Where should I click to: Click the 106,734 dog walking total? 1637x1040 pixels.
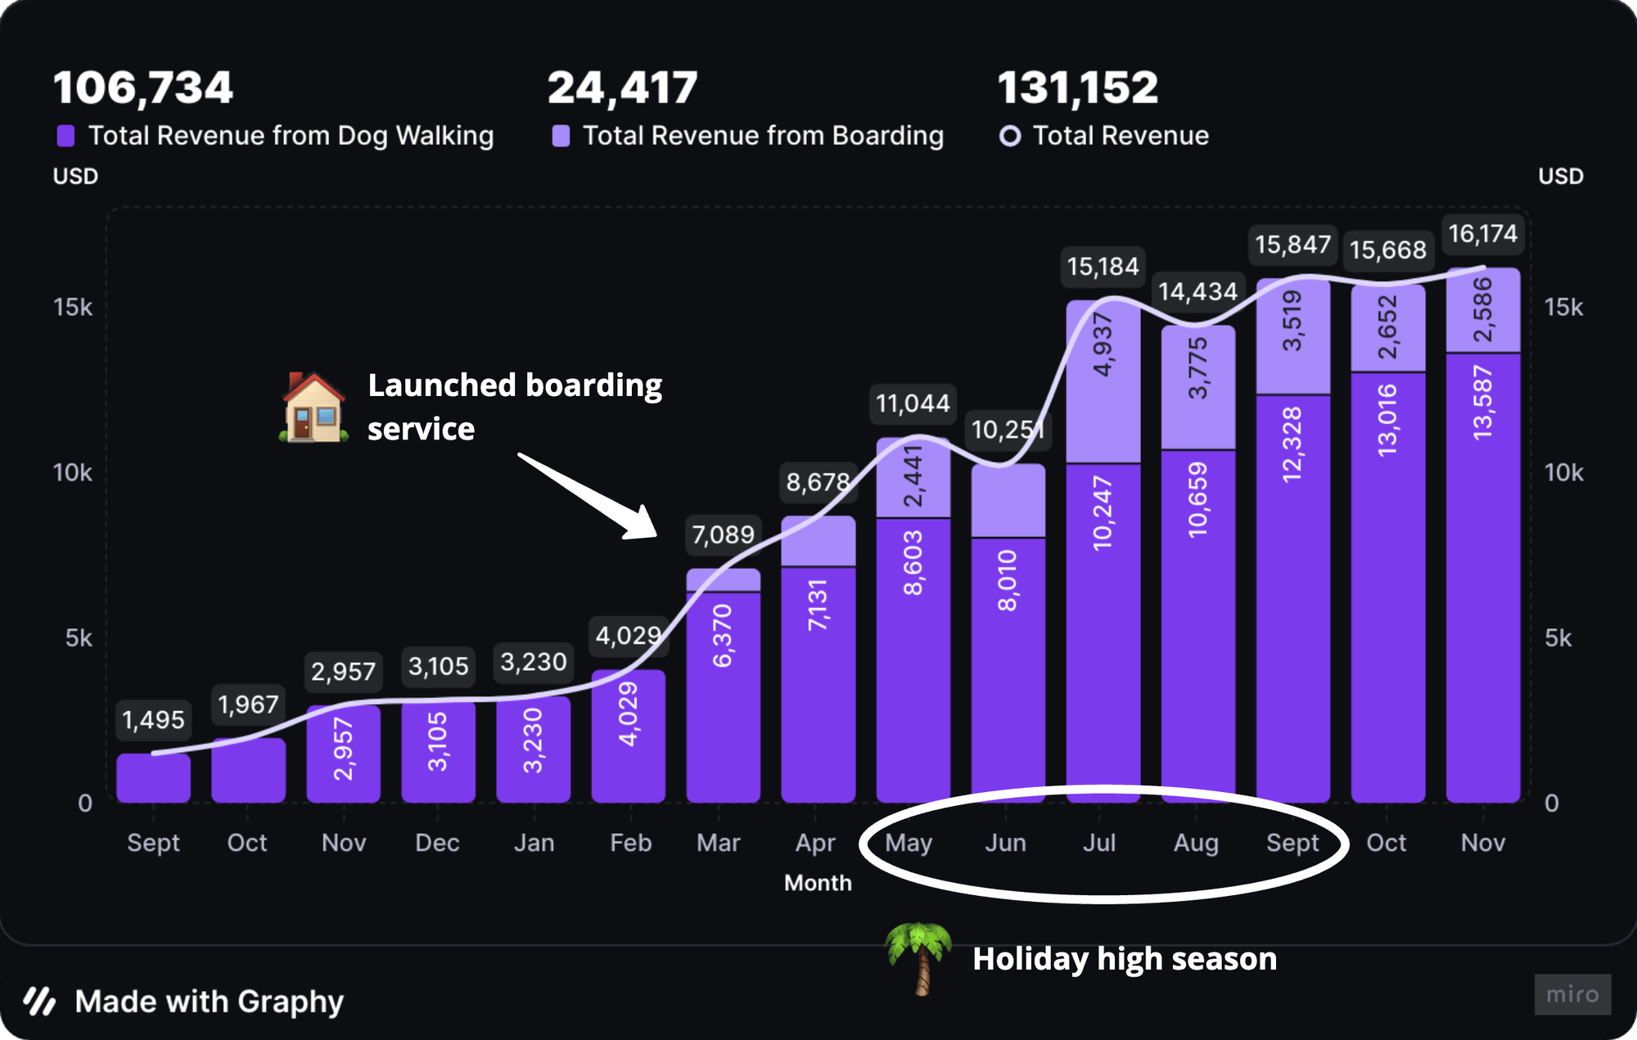click(143, 88)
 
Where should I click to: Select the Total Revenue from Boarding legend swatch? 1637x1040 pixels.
click(561, 136)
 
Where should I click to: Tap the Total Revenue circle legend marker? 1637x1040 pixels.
click(1010, 136)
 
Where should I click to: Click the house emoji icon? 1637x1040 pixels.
click(313, 407)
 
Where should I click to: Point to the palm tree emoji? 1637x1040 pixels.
click(919, 957)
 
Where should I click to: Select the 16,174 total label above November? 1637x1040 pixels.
click(1482, 234)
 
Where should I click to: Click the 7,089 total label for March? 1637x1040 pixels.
click(723, 535)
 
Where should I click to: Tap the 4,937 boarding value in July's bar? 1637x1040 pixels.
click(1103, 344)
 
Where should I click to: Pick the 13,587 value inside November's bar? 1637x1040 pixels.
click(1482, 403)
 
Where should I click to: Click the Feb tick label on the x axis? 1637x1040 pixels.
click(630, 843)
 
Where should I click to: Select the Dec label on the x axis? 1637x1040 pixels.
click(437, 843)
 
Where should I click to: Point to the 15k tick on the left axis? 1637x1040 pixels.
click(73, 308)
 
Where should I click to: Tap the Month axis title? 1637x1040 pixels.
click(818, 883)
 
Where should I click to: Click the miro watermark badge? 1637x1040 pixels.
click(1572, 994)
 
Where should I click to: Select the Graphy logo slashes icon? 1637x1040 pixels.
click(39, 1001)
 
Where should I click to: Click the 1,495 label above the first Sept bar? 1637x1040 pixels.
click(153, 720)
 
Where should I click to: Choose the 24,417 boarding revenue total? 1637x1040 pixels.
click(622, 88)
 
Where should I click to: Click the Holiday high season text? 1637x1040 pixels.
click(1124, 958)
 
